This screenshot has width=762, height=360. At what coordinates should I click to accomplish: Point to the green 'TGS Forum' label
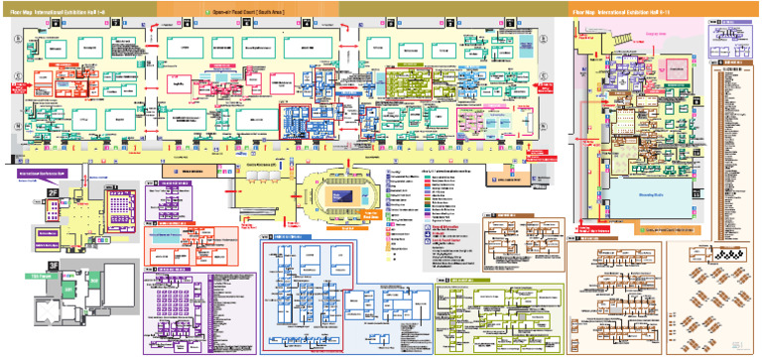point(41,275)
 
